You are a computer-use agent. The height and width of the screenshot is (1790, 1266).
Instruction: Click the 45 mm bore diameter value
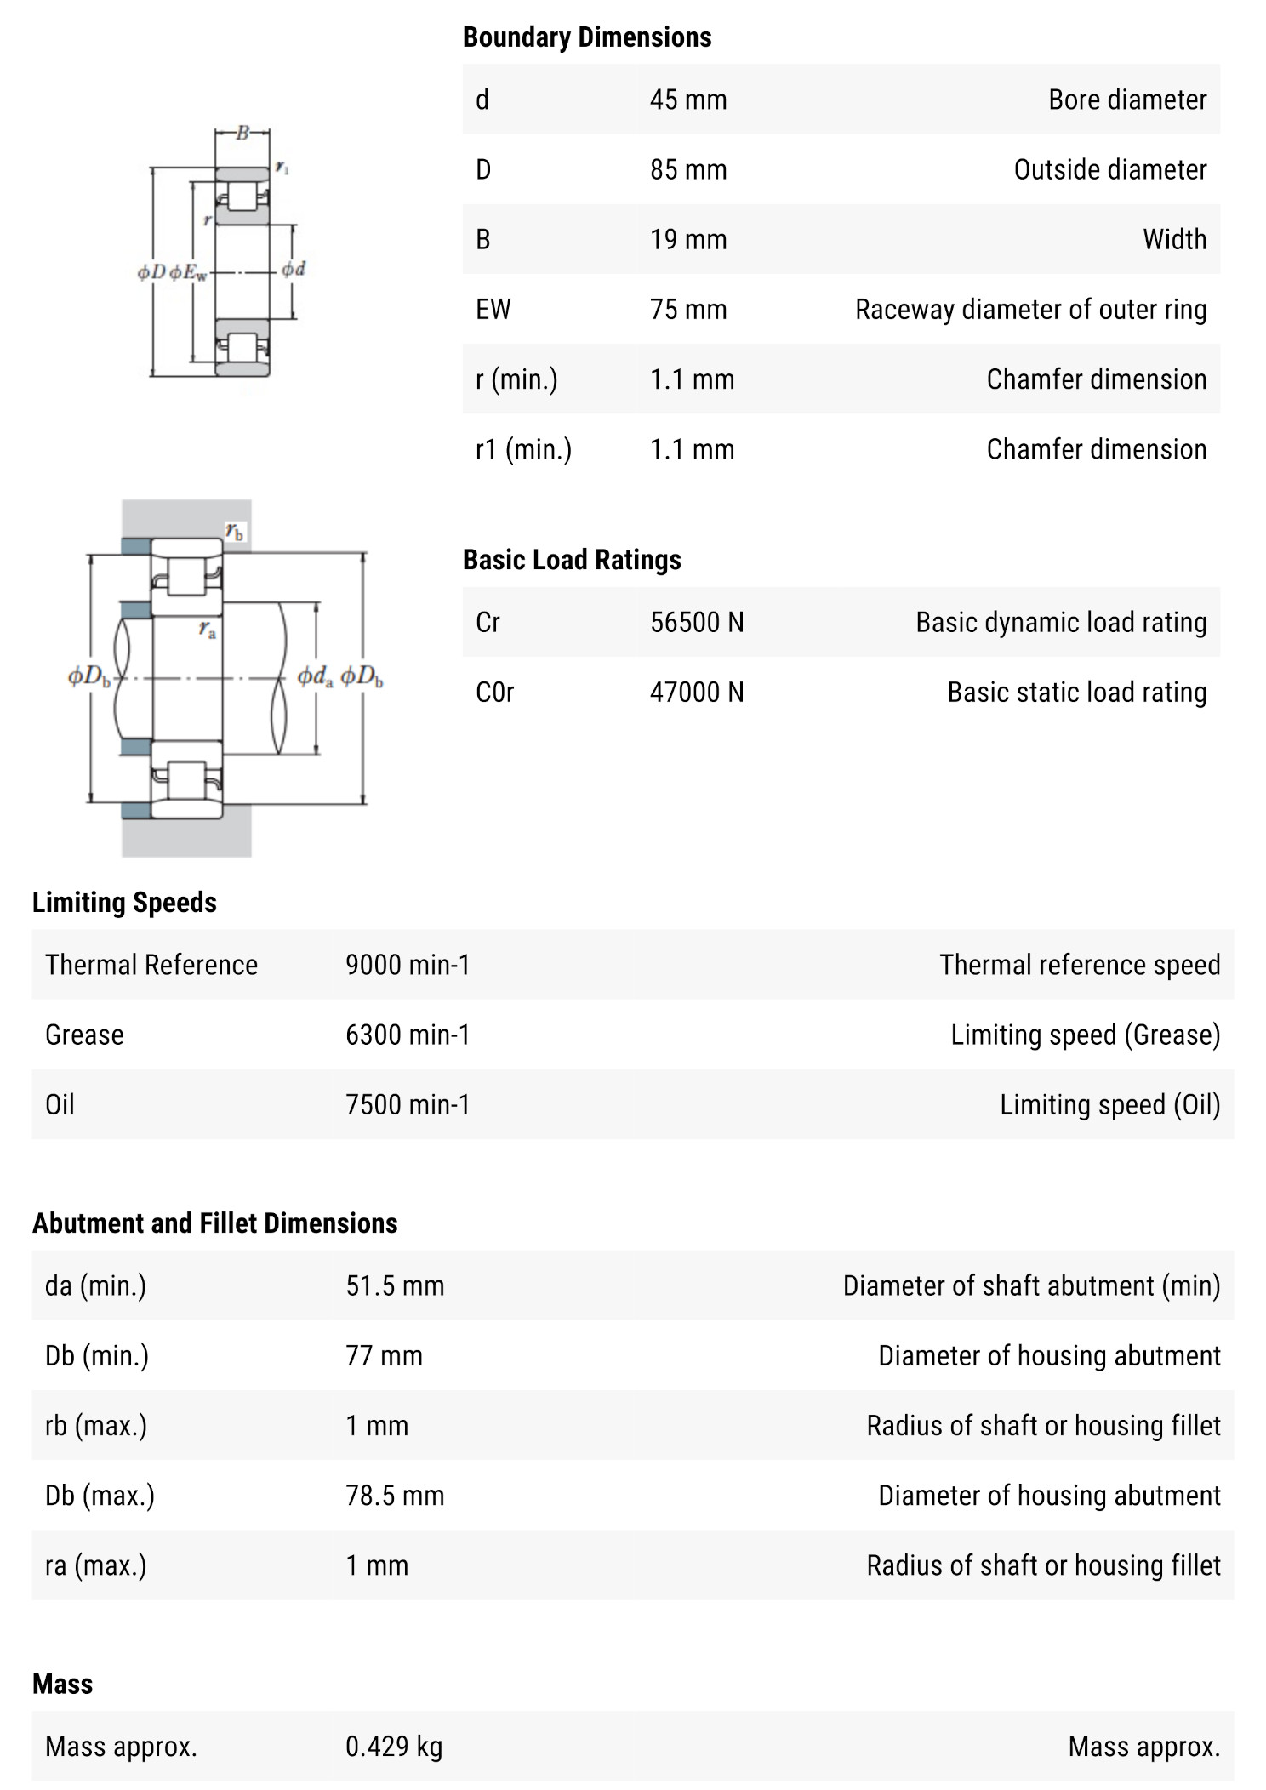(687, 100)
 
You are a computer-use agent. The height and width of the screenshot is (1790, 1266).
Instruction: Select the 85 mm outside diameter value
(687, 169)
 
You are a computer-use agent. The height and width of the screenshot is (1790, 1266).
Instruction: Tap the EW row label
(493, 309)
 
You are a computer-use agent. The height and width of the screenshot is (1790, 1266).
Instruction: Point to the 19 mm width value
(687, 239)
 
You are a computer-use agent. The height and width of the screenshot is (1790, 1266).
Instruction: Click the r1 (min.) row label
(522, 448)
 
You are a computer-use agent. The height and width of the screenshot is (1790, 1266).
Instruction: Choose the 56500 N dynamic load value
(696, 622)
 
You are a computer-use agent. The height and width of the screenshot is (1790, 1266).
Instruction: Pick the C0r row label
(494, 692)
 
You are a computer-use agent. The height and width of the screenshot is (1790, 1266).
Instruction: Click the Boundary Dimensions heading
(586, 37)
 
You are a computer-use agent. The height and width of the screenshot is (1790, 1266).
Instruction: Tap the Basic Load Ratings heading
(572, 560)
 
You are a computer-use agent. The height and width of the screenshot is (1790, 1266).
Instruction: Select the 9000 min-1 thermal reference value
(407, 965)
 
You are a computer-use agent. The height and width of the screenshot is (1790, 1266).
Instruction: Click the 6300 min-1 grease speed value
(407, 1035)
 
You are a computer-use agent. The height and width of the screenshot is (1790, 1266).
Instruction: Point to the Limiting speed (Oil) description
(1109, 1104)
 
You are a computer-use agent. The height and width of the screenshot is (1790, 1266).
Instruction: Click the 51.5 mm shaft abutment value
(394, 1285)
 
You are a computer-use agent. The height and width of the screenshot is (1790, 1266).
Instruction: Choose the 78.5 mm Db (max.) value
(394, 1495)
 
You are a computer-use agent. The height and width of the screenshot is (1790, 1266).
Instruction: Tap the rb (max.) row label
(95, 1425)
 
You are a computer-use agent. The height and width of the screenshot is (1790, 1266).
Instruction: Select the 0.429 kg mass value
(393, 1747)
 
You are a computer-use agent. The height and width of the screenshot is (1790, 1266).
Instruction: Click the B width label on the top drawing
(242, 133)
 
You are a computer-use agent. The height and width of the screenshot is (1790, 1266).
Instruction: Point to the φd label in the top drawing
(294, 270)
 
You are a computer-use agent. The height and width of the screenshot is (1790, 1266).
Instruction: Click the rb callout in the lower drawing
(234, 532)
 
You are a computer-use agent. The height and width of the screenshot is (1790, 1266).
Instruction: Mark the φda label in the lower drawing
(314, 677)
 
